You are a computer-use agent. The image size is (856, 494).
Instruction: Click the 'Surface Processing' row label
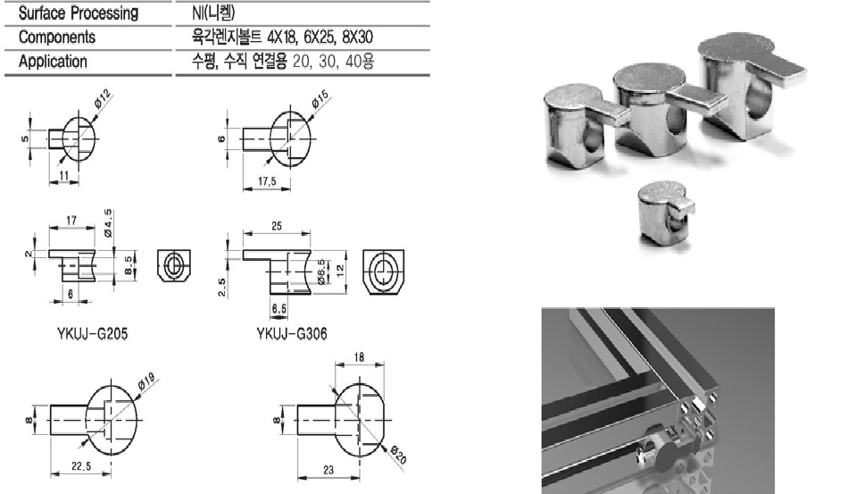coord(79,13)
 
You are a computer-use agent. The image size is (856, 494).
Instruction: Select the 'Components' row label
coord(57,38)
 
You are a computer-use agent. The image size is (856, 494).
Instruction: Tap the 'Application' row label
coord(53,62)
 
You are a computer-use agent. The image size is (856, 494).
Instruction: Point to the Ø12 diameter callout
coord(102,98)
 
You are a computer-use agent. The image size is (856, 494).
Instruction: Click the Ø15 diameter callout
coord(320,99)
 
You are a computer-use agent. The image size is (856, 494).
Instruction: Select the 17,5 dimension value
coord(267,180)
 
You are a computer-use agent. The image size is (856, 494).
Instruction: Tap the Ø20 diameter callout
coord(398,454)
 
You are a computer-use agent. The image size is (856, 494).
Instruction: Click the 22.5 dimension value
coord(81,466)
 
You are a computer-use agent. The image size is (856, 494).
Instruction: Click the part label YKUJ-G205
coord(92,333)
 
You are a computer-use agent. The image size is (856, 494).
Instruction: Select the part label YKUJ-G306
coord(292,333)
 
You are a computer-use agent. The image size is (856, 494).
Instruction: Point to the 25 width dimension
coord(277,226)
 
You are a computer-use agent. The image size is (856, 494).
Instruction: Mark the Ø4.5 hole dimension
coord(108,223)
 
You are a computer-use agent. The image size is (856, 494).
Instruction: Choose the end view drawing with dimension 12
coord(383,272)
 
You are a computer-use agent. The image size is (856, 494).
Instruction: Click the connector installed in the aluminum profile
coord(661,449)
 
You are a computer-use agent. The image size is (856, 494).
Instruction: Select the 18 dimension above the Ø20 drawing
coord(359,357)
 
